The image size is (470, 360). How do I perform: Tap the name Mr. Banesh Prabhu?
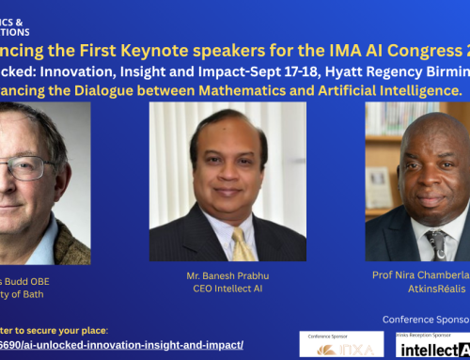(227, 275)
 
